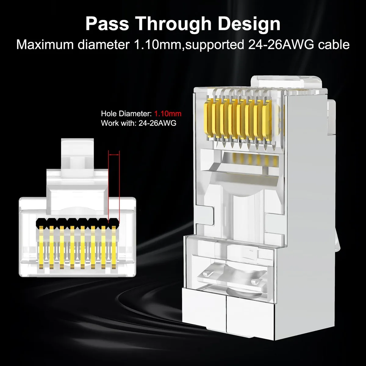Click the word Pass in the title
point(107,24)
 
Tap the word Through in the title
point(174,24)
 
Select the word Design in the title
point(249,24)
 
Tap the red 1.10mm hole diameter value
point(168,113)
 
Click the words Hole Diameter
point(126,113)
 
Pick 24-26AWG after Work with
point(157,123)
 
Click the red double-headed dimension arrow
point(114,155)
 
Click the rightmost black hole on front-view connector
point(114,222)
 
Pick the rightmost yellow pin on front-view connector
point(113,247)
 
